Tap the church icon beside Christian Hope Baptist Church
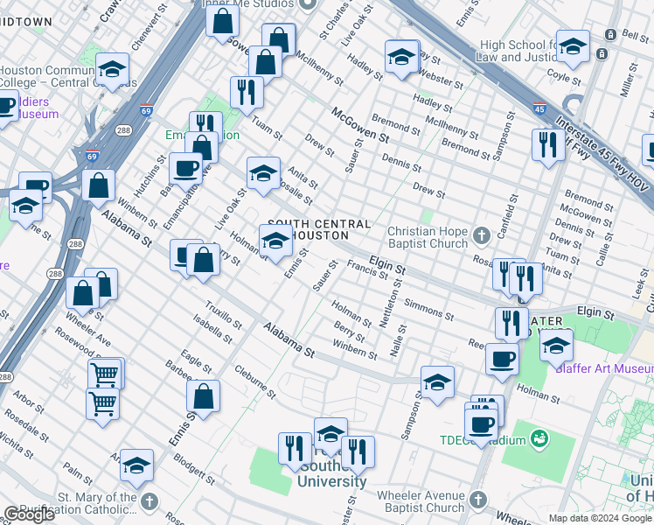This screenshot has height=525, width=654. tap(481, 235)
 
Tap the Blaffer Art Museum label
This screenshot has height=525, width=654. tap(603, 367)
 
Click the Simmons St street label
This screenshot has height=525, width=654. tap(428, 309)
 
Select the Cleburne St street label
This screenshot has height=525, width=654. tap(255, 381)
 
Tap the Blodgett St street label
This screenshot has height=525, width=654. tap(194, 467)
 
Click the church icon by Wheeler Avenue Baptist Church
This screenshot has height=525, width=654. tap(477, 500)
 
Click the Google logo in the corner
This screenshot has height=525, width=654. tap(29, 514)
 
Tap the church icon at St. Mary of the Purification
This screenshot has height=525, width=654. tap(150, 501)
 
